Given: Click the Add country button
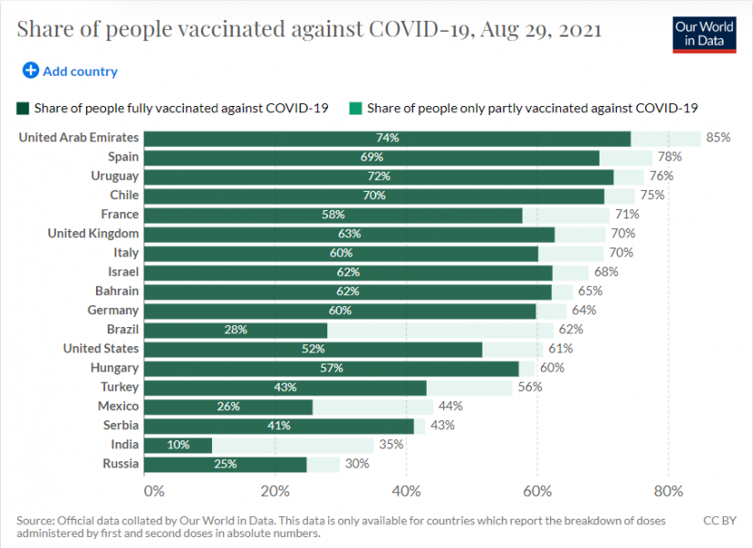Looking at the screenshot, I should pos(70,71).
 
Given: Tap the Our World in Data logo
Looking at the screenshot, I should pos(704,34).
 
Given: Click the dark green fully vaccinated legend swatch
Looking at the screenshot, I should pos(23,108).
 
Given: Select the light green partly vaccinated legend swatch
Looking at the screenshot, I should pos(355,108).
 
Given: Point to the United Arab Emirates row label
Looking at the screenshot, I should pos(79,138).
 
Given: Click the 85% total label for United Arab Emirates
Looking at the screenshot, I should pos(718,138).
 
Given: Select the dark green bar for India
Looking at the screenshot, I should pos(178,445).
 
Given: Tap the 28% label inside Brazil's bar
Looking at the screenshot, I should pos(235,330).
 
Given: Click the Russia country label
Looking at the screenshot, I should pos(121,464).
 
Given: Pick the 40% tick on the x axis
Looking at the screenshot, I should pos(407,490).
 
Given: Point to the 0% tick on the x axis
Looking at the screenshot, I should pos(153,490).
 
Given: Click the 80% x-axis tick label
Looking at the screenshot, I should pos(669,490).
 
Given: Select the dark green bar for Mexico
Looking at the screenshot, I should pos(228,406).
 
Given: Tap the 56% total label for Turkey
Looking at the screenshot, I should pos(530,387).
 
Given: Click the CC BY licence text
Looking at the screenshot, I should pos(718,521).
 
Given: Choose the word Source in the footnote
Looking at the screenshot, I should pos(36,521).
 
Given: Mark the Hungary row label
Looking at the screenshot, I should pos(114,368).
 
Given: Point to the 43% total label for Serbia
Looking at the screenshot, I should pos(442,426).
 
